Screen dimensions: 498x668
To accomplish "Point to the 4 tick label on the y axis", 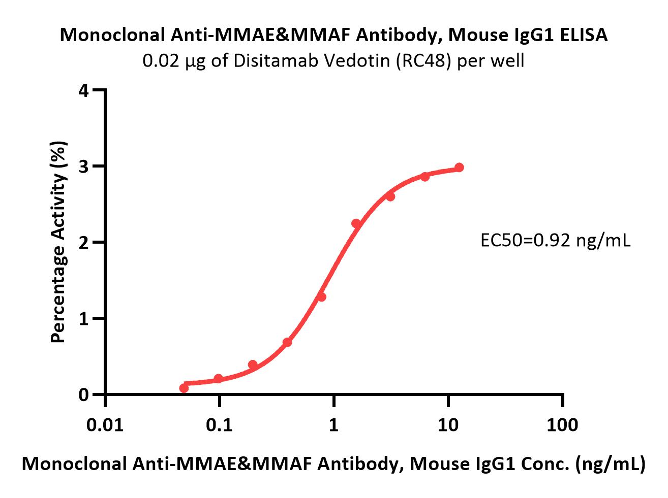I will click(x=84, y=91).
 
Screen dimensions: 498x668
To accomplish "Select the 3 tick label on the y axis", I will click(x=84, y=167).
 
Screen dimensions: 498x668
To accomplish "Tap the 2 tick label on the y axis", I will click(x=84, y=242).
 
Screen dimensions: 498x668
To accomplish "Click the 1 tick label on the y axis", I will click(x=84, y=318).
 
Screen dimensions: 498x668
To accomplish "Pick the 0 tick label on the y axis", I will click(x=84, y=394).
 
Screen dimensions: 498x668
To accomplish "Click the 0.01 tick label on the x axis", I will click(x=105, y=424).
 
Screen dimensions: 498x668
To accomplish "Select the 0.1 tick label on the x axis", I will click(x=219, y=424).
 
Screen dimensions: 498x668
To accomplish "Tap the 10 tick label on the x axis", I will click(x=448, y=424).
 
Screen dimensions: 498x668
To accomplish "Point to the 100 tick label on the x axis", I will click(x=562, y=424).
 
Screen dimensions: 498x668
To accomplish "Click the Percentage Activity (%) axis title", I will click(x=59, y=242).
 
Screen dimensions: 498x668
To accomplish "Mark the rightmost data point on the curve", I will click(x=459, y=168).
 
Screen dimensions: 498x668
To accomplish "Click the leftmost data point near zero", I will click(x=184, y=388).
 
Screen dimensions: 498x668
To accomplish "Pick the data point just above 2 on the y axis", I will click(x=356, y=223).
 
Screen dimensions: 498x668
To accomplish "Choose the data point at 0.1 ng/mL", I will click(x=219, y=378).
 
